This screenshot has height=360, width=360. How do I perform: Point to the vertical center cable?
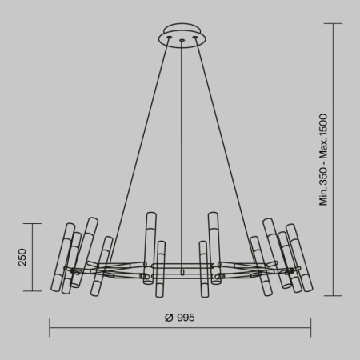pos(182,160)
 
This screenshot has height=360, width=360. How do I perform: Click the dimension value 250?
pos(22,257)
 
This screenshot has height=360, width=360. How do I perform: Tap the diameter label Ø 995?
pos(179,318)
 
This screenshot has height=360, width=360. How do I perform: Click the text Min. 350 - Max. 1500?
pos(324,160)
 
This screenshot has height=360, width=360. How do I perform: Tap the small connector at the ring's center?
pos(182,272)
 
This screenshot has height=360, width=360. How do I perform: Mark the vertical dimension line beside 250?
pos(33,257)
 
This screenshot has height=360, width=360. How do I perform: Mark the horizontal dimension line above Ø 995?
pos(181,327)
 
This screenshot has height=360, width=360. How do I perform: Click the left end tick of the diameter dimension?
pos(50,327)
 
